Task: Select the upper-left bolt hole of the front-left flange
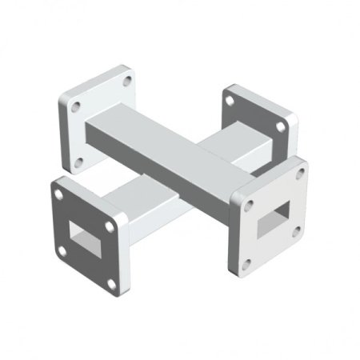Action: pyautogui.click(x=57, y=192)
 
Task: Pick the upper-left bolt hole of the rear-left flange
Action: pyautogui.click(x=74, y=106)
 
